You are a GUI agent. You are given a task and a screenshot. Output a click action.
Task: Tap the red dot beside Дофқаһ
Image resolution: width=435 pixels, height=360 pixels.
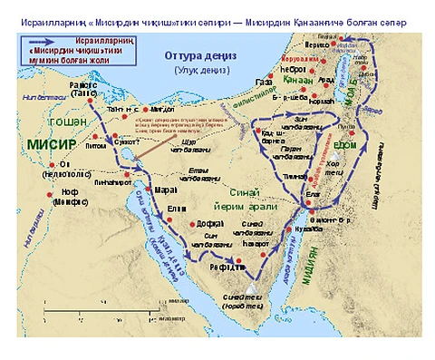193,222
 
